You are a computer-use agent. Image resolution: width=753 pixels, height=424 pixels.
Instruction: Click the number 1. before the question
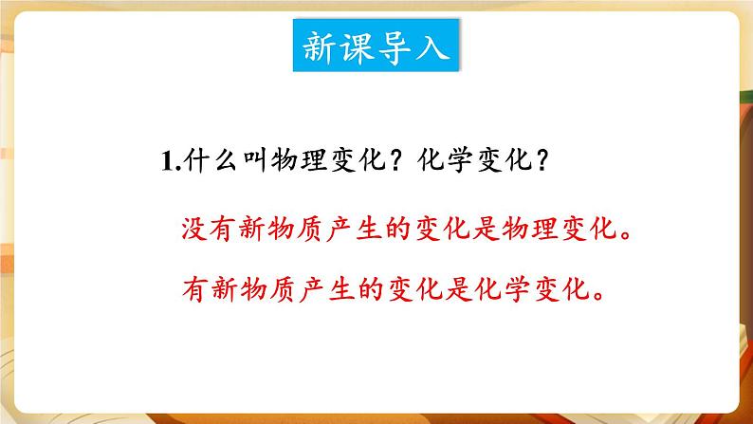coord(169,162)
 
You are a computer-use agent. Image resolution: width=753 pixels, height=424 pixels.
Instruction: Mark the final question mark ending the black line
coord(536,162)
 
